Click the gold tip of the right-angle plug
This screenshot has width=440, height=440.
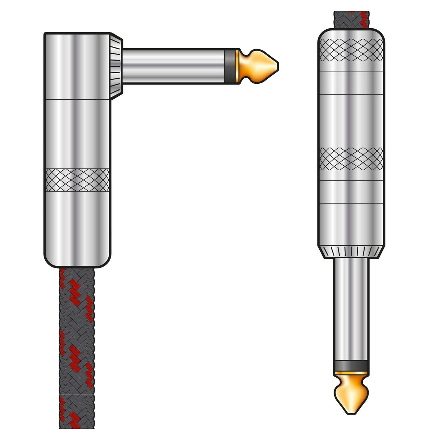(262, 65)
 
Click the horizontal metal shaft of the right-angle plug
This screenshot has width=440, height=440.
(174, 65)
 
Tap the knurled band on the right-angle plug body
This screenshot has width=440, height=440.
(77, 180)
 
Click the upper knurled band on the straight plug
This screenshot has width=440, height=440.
(351, 50)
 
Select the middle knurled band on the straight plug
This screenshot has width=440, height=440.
(351, 159)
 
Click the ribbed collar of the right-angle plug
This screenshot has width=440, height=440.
(116, 67)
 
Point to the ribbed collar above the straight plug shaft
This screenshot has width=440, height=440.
(351, 251)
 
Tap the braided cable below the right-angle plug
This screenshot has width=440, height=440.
(76, 344)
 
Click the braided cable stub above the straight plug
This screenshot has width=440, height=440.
(351, 19)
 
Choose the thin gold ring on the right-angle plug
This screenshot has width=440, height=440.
(237, 65)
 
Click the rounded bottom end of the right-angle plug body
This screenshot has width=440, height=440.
(77, 257)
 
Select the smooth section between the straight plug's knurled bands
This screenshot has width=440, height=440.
(351, 120)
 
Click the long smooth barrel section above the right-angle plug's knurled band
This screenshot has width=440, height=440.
(77, 134)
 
